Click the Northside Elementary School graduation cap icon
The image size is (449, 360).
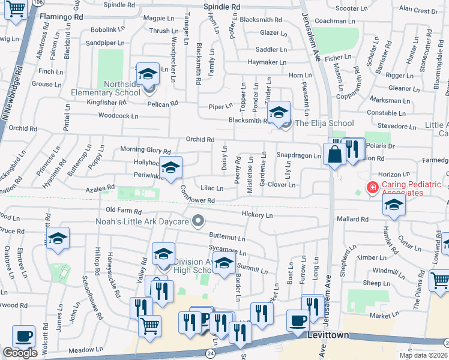point(148,74)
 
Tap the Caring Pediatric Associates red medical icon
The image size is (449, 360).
point(372,188)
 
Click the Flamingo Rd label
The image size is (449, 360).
point(61,17)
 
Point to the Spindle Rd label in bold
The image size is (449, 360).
point(222,6)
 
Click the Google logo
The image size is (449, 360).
point(20,353)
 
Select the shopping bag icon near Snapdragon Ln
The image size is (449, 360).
point(333,155)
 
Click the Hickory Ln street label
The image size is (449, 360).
point(257,214)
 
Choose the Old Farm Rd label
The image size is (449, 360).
point(123,211)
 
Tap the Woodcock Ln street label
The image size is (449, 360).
point(118,116)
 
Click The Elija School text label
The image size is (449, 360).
point(324,124)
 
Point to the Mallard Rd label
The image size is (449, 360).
point(351,220)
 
